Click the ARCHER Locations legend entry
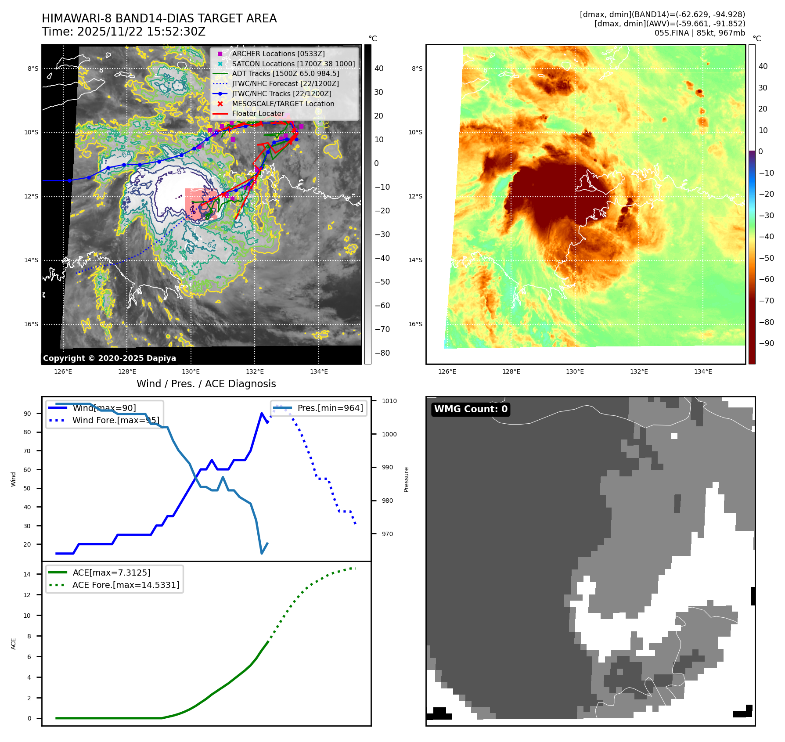click(x=278, y=54)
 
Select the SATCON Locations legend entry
click(x=293, y=64)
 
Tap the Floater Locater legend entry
click(x=258, y=113)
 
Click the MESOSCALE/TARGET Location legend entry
click(x=283, y=104)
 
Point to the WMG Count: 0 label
click(x=471, y=409)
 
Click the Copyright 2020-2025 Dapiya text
click(x=109, y=358)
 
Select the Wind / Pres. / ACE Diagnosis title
click(x=206, y=384)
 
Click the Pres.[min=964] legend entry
click(x=330, y=408)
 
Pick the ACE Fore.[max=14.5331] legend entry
click(x=126, y=585)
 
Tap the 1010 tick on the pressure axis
click(x=389, y=401)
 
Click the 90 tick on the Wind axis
click(x=28, y=414)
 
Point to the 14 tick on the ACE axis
click(x=27, y=574)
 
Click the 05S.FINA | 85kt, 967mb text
click(x=699, y=33)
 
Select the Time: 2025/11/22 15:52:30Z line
click(x=123, y=32)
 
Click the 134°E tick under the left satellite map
click(x=319, y=372)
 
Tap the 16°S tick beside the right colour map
click(x=415, y=324)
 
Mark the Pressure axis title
click(x=407, y=479)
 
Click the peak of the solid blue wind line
click(x=262, y=413)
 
